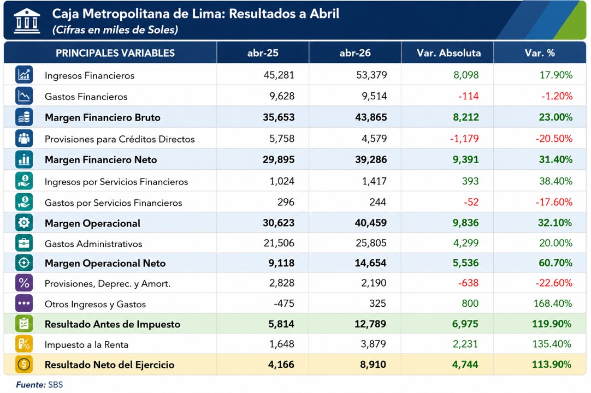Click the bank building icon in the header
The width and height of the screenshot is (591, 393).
[27, 21]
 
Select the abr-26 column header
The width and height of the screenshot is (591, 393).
[354, 53]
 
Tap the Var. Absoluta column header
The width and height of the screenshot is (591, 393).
[448, 53]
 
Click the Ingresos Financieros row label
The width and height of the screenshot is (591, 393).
[90, 75]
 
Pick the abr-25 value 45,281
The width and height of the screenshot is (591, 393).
[279, 75]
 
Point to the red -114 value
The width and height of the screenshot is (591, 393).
[468, 96]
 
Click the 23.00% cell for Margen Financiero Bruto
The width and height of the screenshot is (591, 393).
[555, 117]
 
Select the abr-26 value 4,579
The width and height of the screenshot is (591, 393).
[374, 138]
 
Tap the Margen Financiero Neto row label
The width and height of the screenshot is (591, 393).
[101, 160]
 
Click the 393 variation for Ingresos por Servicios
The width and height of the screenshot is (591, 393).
[470, 181]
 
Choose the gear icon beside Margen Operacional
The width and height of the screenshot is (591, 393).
[23, 223]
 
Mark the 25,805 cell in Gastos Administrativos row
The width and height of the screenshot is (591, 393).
[371, 243]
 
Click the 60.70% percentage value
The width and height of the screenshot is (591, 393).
[555, 263]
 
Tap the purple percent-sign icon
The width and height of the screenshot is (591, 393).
[23, 283]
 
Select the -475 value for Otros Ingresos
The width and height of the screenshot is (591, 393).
[284, 303]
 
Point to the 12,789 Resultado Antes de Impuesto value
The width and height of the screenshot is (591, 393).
[370, 324]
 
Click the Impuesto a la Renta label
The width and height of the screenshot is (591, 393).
[86, 344]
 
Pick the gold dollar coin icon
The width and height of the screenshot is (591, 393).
[23, 365]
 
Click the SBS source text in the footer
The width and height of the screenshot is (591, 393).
[55, 385]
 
